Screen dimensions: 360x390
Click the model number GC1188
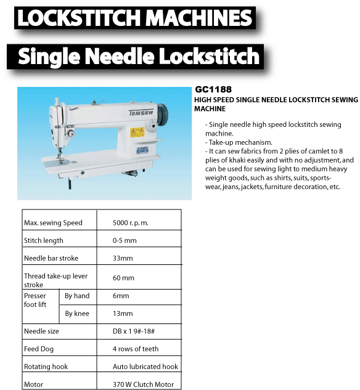(x=214, y=89)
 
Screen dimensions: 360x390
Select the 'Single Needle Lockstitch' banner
(x=139, y=57)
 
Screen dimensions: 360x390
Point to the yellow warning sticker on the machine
(x=137, y=131)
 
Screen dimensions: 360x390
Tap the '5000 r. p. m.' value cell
(x=131, y=222)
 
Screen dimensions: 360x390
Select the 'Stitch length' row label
(x=44, y=240)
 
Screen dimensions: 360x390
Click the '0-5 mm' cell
(x=125, y=240)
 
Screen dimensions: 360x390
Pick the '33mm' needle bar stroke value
(x=123, y=258)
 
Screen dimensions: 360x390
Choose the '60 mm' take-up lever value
(x=123, y=278)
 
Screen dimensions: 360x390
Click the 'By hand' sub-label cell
(x=77, y=296)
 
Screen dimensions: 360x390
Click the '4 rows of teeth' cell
(x=136, y=349)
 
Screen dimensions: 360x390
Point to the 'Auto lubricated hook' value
(x=145, y=367)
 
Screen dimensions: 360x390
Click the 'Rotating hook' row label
(x=46, y=367)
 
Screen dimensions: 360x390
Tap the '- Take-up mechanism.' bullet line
(x=237, y=142)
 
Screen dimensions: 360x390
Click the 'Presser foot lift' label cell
(x=35, y=300)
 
